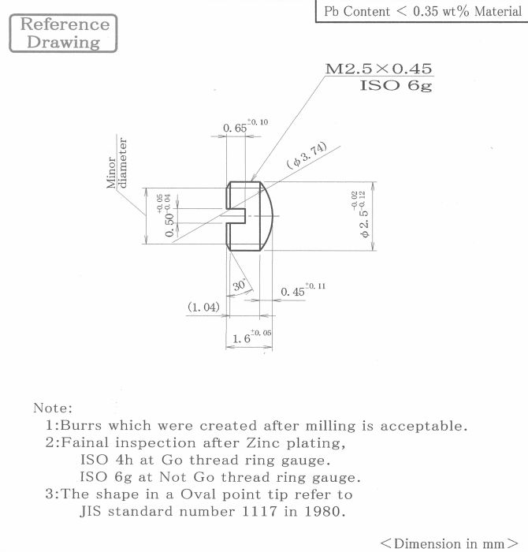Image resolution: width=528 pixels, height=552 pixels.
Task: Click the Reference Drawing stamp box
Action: [x=63, y=33]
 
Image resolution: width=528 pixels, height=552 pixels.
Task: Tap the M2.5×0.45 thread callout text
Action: [x=378, y=69]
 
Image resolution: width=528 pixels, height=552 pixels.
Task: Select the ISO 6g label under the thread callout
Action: [x=396, y=85]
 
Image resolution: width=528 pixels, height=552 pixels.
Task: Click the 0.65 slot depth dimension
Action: [x=246, y=126]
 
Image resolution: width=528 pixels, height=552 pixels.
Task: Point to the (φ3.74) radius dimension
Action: [x=307, y=155]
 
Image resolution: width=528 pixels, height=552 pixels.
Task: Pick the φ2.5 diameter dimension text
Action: [x=361, y=214]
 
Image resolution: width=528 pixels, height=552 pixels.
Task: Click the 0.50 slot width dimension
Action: [x=165, y=215]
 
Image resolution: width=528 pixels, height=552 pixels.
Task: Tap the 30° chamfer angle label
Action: [x=240, y=285]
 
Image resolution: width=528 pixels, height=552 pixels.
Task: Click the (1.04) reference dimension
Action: [x=203, y=307]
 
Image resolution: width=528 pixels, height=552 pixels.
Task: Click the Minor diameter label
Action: [x=117, y=163]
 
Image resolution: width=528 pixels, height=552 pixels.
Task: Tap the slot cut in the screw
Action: [x=236, y=215]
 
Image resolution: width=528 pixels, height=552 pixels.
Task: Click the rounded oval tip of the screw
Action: [x=266, y=216]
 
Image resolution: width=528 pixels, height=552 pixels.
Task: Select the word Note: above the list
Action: [x=53, y=408]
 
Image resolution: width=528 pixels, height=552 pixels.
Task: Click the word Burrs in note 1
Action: [x=81, y=425]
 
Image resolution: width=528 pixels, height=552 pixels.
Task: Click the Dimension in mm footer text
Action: [x=449, y=543]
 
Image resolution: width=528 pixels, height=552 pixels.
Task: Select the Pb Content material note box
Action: [x=422, y=11]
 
